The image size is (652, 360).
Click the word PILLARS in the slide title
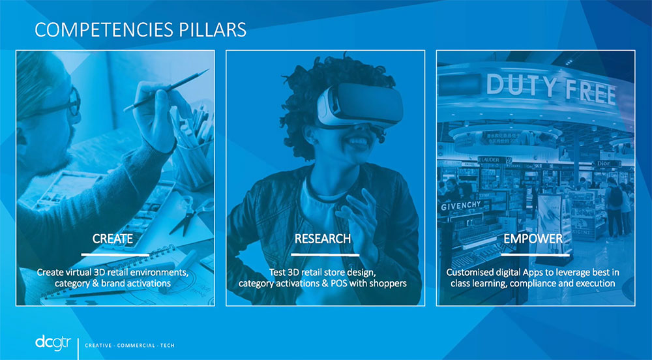click(x=213, y=30)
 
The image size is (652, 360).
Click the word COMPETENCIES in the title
click(x=104, y=30)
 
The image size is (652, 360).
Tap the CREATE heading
click(x=113, y=239)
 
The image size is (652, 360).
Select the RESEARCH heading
click(x=323, y=239)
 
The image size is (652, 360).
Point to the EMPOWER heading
click(x=533, y=239)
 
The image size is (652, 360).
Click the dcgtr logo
click(x=53, y=343)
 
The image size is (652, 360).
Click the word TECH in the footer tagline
click(x=168, y=346)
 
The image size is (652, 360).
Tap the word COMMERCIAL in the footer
click(x=136, y=346)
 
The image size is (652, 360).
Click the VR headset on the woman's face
click(x=360, y=105)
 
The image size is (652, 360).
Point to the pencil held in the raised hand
click(x=166, y=90)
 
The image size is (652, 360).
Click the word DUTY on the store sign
click(x=521, y=85)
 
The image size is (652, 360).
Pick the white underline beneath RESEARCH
click(x=325, y=254)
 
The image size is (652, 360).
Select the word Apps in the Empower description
click(x=529, y=273)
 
